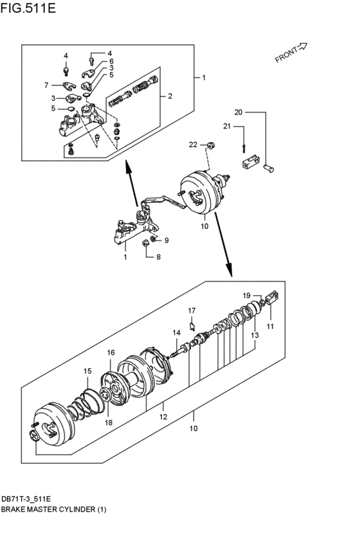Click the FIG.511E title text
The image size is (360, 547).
28,8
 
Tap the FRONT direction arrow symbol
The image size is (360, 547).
301,47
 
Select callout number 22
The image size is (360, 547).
193,145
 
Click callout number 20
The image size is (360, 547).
239,112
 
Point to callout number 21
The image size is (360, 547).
227,126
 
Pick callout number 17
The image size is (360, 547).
192,310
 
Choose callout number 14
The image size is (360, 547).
177,333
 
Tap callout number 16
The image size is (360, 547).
111,353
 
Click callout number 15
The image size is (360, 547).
87,371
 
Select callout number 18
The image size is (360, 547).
109,422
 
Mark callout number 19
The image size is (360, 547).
246,296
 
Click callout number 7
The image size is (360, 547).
46,85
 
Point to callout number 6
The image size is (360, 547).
111,61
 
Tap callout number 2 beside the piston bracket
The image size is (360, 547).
170,96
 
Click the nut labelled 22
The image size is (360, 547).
210,145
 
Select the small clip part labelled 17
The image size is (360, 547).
192,326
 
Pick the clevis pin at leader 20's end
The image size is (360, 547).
269,169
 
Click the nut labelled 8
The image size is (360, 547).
147,243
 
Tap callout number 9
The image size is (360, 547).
166,240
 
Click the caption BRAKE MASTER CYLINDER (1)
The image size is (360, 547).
53,509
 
